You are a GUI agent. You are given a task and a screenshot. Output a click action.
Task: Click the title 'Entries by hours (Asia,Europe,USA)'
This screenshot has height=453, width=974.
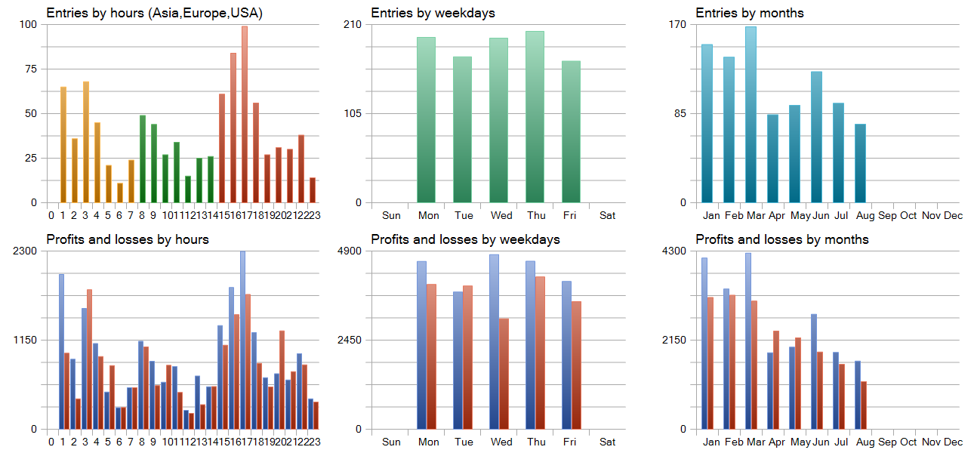coord(154,13)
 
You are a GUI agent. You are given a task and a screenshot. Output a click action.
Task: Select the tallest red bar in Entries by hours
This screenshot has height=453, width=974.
coord(245,114)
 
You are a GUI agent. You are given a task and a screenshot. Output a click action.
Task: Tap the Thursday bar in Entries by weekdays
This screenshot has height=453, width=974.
coord(535,117)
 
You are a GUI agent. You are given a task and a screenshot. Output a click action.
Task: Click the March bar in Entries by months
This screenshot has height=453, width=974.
coord(751,115)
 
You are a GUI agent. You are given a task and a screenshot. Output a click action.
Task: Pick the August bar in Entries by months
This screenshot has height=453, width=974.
coord(861,164)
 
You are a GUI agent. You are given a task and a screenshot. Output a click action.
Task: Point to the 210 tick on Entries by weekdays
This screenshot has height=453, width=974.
coord(353,24)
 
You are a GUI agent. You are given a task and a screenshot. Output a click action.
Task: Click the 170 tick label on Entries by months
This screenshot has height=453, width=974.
coord(677,24)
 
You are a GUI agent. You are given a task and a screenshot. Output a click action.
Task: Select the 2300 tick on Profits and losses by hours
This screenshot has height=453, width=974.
coord(25,251)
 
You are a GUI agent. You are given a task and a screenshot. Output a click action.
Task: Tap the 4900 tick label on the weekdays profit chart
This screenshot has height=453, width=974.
coord(350,251)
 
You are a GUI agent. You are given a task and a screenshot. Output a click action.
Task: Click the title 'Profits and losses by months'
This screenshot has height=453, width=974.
coord(782,239)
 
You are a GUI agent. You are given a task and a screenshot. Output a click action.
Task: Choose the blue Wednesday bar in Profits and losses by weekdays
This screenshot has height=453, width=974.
coord(494,342)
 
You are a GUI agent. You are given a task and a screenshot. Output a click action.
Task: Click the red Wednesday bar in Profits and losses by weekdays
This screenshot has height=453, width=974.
coord(504,374)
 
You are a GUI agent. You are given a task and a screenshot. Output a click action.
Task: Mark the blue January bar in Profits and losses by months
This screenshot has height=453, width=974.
coord(704,344)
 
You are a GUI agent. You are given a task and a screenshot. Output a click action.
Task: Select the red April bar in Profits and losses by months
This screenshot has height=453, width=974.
coord(776,380)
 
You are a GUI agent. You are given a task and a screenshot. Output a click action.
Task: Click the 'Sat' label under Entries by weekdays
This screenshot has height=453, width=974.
coord(608,216)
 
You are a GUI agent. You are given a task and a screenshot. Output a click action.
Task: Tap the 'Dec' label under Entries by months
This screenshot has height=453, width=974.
coord(954,216)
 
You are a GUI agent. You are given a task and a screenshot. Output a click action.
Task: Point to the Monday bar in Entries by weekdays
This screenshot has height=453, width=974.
coord(426,120)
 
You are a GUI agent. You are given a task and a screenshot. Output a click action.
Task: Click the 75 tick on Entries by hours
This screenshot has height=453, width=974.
coord(31,69)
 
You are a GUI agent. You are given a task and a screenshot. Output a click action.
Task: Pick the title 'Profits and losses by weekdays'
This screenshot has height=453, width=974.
coord(466,239)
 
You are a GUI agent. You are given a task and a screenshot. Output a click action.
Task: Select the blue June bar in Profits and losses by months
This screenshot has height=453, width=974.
coord(814,371)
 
